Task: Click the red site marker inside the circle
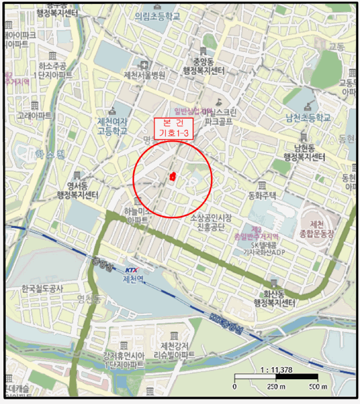pos(172,177)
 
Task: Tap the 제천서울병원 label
pos(144,75)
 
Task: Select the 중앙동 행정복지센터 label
pos(203,65)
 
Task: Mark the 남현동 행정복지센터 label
pos(303,152)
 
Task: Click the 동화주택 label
pos(262,195)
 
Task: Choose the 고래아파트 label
pos(35,115)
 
